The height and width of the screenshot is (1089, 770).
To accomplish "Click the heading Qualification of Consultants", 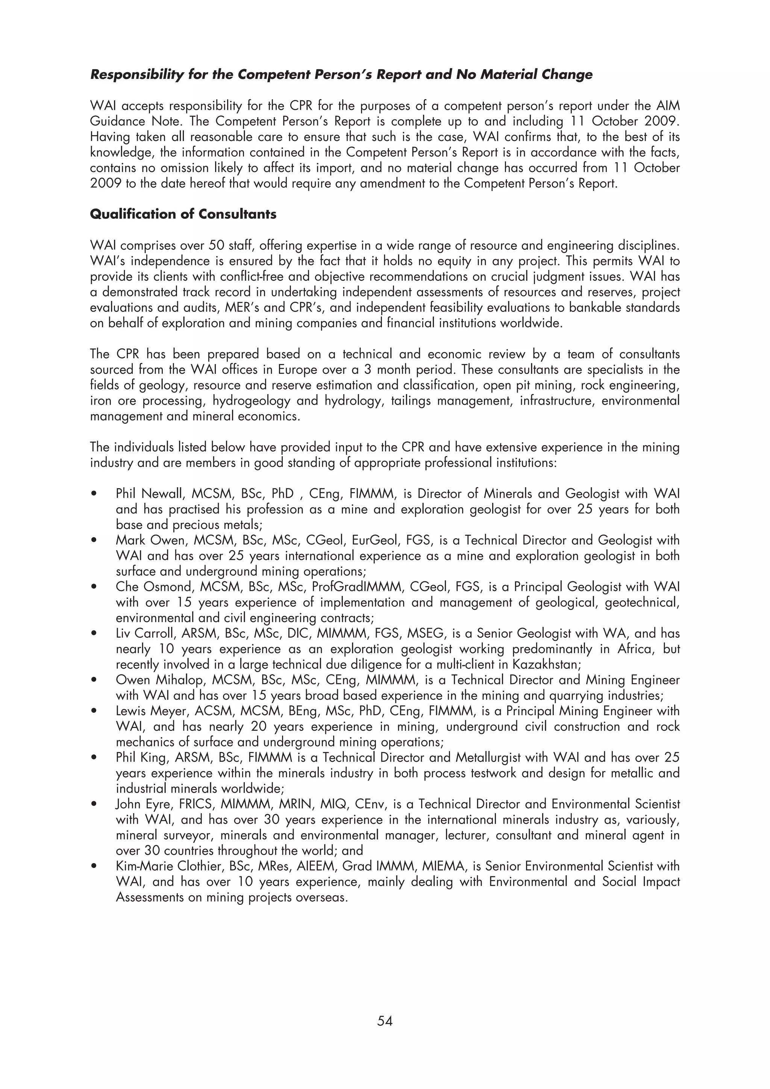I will [183, 215].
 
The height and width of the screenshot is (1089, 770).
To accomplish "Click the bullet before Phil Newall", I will [94, 494].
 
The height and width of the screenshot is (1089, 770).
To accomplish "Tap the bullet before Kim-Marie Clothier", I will [94, 867].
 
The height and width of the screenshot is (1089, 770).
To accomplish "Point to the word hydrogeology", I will [252, 401].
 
